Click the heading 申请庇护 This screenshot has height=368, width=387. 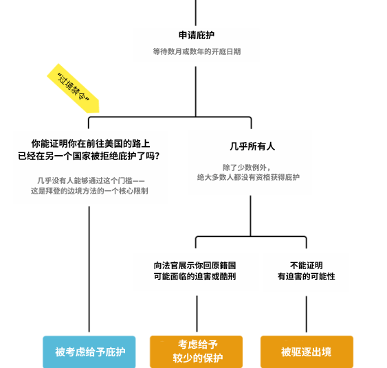pyautogui.click(x=197, y=35)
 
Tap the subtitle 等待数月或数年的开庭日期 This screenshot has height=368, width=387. pyautogui.click(x=197, y=51)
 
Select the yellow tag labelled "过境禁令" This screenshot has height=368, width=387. pyautogui.click(x=74, y=89)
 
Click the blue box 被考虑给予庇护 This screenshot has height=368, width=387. pyautogui.click(x=89, y=352)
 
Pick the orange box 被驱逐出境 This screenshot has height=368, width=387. pyautogui.click(x=307, y=352)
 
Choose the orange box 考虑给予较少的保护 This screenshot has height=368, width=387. pyautogui.click(x=196, y=352)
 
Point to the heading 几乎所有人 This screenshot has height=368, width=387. pyautogui.click(x=252, y=146)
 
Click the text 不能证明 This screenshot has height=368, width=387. pyautogui.click(x=307, y=266)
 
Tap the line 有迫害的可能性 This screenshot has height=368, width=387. pyautogui.click(x=307, y=277)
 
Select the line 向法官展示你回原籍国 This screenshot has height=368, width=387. pyautogui.click(x=195, y=266)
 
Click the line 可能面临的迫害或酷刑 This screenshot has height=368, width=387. pyautogui.click(x=195, y=277)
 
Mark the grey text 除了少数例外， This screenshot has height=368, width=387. pyautogui.click(x=247, y=168)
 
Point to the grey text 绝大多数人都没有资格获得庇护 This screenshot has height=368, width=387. pyautogui.click(x=248, y=177)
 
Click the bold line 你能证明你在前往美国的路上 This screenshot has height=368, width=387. pyautogui.click(x=91, y=143)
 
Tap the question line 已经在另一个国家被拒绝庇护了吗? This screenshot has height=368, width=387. pyautogui.click(x=89, y=156)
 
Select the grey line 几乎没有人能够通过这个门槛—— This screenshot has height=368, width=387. pyautogui.click(x=91, y=181)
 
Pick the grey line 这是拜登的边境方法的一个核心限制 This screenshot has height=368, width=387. pyautogui.click(x=89, y=191)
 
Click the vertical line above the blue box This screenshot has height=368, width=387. pyautogui.click(x=89, y=269)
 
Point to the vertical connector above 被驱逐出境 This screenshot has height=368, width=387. pyautogui.click(x=307, y=314)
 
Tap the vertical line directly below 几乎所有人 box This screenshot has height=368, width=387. pyautogui.click(x=250, y=216)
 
